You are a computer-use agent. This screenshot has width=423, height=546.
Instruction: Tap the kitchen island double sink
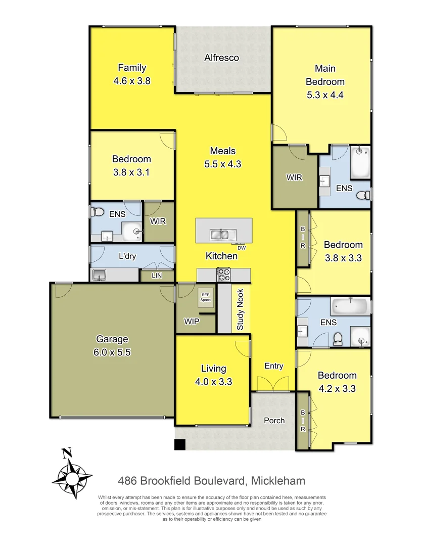tap(223, 235)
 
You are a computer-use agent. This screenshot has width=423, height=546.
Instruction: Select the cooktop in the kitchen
tap(223, 275)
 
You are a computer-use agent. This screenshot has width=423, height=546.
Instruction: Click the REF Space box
tap(205, 297)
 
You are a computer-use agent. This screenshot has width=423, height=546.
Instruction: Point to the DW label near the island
tap(242, 247)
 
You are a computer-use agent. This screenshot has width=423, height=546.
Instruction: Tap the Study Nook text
tap(240, 309)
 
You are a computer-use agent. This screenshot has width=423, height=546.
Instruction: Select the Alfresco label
tap(221, 58)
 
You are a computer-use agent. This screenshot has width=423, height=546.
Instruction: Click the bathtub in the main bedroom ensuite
tap(360, 162)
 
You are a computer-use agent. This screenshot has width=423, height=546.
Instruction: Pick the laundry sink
tap(99, 275)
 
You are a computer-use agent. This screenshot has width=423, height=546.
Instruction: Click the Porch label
tap(274, 420)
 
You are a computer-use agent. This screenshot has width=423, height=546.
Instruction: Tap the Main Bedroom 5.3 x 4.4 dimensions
tap(324, 95)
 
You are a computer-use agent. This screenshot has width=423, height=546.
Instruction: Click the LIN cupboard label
tap(158, 276)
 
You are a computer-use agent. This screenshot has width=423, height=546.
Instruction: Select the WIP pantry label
tap(192, 320)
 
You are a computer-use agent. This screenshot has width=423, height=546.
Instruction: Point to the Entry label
tap(274, 366)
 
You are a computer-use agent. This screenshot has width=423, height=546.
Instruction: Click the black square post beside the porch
tap(180, 444)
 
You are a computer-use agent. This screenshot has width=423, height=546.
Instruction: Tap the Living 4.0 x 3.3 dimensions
tap(213, 382)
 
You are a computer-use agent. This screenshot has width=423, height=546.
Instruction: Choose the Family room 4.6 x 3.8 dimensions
tap(132, 80)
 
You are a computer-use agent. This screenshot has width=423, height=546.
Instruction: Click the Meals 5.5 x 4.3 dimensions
tap(223, 164)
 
